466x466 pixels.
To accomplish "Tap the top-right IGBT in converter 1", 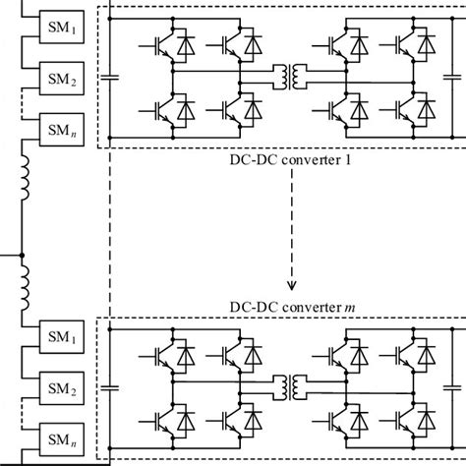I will click(x=407, y=43).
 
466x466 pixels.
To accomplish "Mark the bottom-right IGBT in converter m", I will click(x=407, y=418).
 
